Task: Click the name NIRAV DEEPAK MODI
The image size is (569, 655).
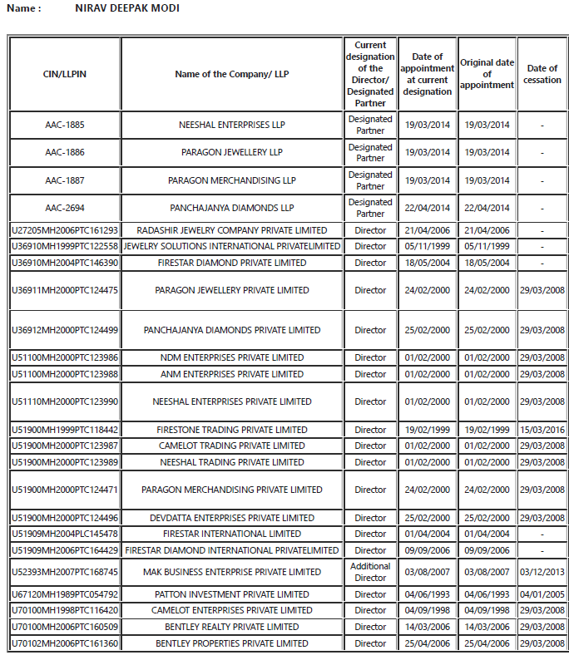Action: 127,8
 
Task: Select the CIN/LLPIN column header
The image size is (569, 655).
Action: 65,74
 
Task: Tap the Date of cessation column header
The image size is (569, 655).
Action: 542,74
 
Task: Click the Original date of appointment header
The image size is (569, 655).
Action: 487,74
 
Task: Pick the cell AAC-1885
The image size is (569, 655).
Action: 65,125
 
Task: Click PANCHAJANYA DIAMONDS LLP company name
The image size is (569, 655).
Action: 232,208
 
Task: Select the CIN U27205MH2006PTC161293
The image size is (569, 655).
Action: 65,230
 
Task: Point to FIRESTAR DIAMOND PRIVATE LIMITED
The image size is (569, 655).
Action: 232,263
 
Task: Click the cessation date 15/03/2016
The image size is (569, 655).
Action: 542,431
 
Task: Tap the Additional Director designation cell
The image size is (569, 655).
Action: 370,572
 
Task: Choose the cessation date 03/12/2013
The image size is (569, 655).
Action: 542,572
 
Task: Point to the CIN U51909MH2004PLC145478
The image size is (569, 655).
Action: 65,534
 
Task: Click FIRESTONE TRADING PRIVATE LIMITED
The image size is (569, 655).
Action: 232,431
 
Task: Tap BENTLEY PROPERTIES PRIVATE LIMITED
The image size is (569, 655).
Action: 232,643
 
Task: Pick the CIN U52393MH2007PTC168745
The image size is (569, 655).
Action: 65,572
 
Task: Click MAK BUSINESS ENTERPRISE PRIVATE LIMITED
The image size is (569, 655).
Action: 232,572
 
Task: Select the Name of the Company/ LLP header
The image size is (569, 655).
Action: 232,74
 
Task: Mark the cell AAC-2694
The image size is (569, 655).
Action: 65,208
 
